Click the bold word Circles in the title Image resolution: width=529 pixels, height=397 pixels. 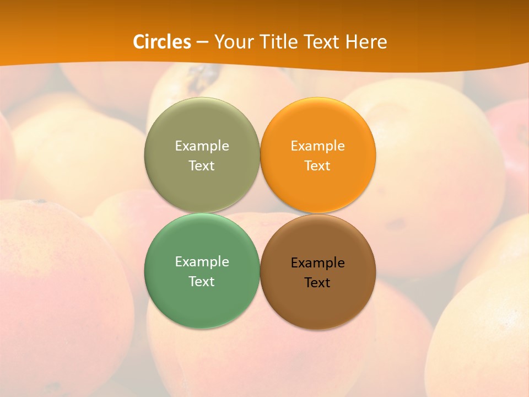(x=162, y=42)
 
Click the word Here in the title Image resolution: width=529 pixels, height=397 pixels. (x=366, y=42)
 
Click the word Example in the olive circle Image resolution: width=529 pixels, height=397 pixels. (x=202, y=146)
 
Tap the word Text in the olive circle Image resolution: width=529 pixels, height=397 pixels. (x=202, y=166)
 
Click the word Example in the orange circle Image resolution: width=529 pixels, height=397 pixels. (x=318, y=146)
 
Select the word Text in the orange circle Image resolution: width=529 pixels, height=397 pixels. (x=318, y=166)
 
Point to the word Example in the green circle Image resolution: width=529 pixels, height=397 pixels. (x=202, y=261)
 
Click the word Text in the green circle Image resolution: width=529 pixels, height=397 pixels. (x=202, y=282)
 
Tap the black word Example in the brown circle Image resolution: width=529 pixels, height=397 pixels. (x=318, y=262)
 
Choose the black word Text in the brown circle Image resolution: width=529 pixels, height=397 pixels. (x=318, y=283)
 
